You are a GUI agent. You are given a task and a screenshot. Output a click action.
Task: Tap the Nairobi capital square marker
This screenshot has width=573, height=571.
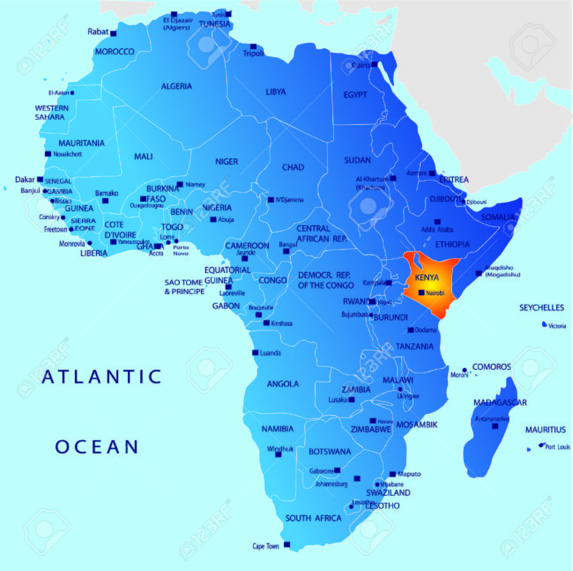421,293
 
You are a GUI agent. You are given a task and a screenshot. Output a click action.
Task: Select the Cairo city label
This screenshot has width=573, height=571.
361,65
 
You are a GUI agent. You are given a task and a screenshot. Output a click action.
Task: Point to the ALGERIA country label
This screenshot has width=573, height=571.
176,86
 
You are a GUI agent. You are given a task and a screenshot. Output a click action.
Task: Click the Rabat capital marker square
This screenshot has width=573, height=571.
113,33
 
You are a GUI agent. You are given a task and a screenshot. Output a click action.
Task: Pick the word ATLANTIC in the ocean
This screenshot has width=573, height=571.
102,377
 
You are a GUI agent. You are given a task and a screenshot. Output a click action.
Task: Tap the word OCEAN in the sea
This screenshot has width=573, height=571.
97,447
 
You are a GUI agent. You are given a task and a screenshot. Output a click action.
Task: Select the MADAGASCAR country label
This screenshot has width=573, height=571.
500,402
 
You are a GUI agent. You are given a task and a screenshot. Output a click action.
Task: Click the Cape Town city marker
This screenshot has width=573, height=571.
286,545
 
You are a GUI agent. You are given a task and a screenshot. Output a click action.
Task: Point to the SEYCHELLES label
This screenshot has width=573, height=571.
541,308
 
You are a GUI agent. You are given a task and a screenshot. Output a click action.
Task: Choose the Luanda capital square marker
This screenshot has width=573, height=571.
255,353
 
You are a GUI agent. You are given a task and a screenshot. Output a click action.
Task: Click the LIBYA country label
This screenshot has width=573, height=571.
275,92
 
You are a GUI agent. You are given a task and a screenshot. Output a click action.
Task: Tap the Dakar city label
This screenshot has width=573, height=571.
25,180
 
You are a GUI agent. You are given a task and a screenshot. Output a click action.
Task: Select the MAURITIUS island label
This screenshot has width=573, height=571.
545,430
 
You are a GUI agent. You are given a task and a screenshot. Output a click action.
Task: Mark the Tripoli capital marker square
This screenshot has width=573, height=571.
253,47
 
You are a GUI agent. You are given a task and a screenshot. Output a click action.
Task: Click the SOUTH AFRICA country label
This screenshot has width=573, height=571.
313,518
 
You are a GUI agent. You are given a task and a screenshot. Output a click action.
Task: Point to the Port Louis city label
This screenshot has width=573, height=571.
557,447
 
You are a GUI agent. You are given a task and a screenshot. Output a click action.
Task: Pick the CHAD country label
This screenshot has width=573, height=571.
293,167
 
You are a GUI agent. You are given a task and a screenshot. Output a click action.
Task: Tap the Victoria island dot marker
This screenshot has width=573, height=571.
544,324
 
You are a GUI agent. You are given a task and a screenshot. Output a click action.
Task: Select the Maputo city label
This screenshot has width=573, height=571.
409,474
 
